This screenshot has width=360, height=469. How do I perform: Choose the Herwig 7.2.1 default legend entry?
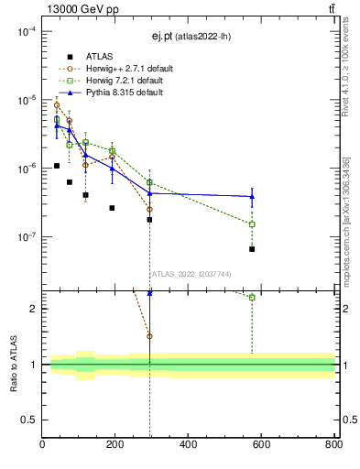click(125, 81)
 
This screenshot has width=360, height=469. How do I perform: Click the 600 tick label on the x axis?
click(261, 445)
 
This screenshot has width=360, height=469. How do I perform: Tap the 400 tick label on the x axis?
click(188, 445)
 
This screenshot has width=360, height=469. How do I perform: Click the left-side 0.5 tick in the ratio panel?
click(31, 420)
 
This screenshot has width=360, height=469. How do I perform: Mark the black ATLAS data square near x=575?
click(252, 249)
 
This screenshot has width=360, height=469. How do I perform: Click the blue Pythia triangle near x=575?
click(252, 196)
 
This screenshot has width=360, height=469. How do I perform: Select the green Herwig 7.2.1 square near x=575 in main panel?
click(252, 224)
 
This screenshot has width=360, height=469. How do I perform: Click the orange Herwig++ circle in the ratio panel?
click(149, 336)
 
